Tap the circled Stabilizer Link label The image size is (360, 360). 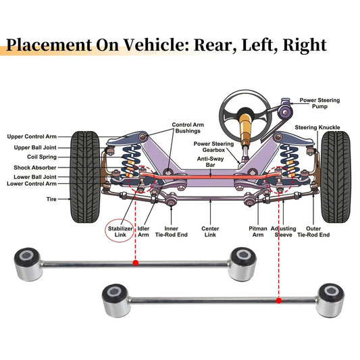pos(120,232)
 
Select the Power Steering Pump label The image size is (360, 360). pos(319,103)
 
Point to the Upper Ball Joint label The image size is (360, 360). pos(35,148)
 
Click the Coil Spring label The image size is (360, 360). pos(42,157)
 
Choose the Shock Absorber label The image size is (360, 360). pos(35,168)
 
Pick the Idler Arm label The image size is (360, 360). pos(143,232)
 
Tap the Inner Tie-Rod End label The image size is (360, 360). pos(172,232)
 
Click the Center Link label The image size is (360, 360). pos(210,232)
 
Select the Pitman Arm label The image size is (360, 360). pos(258,232)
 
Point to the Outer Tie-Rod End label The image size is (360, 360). pos(313,232)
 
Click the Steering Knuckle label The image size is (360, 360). pos(317,128)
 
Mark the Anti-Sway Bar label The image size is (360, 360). pos(210,162)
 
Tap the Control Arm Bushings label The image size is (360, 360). pos(188,128)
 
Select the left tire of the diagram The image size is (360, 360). pos(85,177)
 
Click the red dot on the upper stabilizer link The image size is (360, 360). pos(136,263)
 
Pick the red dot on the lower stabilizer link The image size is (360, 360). pos(279,301)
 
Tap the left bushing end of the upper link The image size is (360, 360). pos(28,264)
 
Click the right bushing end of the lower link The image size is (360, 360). pos(330,301)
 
